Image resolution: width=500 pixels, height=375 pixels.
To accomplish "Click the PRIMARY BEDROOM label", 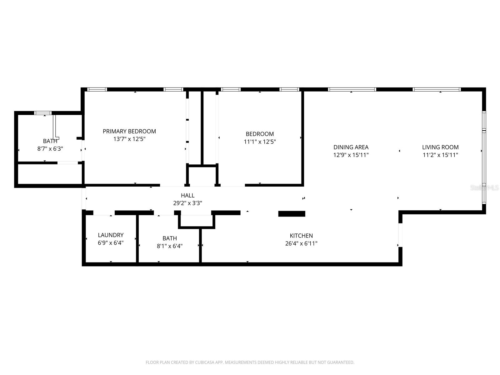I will coord(129,131).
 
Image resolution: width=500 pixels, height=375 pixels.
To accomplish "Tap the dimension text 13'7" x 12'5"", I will coord(129,139).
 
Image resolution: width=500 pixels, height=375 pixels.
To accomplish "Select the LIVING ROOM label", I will coord(440,147).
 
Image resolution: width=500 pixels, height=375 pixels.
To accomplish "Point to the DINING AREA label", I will coord(351,147).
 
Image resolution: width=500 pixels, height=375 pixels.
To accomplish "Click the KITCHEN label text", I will coord(301,236).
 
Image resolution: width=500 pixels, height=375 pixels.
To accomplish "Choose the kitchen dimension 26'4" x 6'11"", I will coord(301,243).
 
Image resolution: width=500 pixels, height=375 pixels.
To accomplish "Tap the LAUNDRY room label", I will coord(111,235).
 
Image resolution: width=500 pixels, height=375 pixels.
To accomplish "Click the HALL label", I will coord(187,195).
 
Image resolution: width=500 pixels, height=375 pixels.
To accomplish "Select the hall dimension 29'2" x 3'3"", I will coord(187,203).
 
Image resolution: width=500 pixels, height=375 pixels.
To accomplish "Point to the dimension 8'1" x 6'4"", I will coord(169,246).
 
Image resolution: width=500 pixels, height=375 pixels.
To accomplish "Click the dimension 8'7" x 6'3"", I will coord(50,149).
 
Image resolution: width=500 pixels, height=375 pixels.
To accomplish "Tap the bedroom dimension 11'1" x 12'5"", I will coord(260,142).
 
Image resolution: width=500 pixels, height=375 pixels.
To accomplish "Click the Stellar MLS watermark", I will coord(484,187).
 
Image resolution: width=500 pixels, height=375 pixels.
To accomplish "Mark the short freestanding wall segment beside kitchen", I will coord(291,214).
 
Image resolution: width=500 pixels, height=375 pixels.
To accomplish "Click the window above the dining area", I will coord(352,89).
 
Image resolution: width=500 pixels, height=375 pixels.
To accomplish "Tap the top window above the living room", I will coord(436,89).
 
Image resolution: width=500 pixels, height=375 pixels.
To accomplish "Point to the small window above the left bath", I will coord(43,113).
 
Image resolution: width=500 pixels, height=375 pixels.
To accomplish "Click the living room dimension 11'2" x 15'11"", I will coord(440,155).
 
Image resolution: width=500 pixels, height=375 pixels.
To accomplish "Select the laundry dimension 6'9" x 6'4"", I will coord(111,243).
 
